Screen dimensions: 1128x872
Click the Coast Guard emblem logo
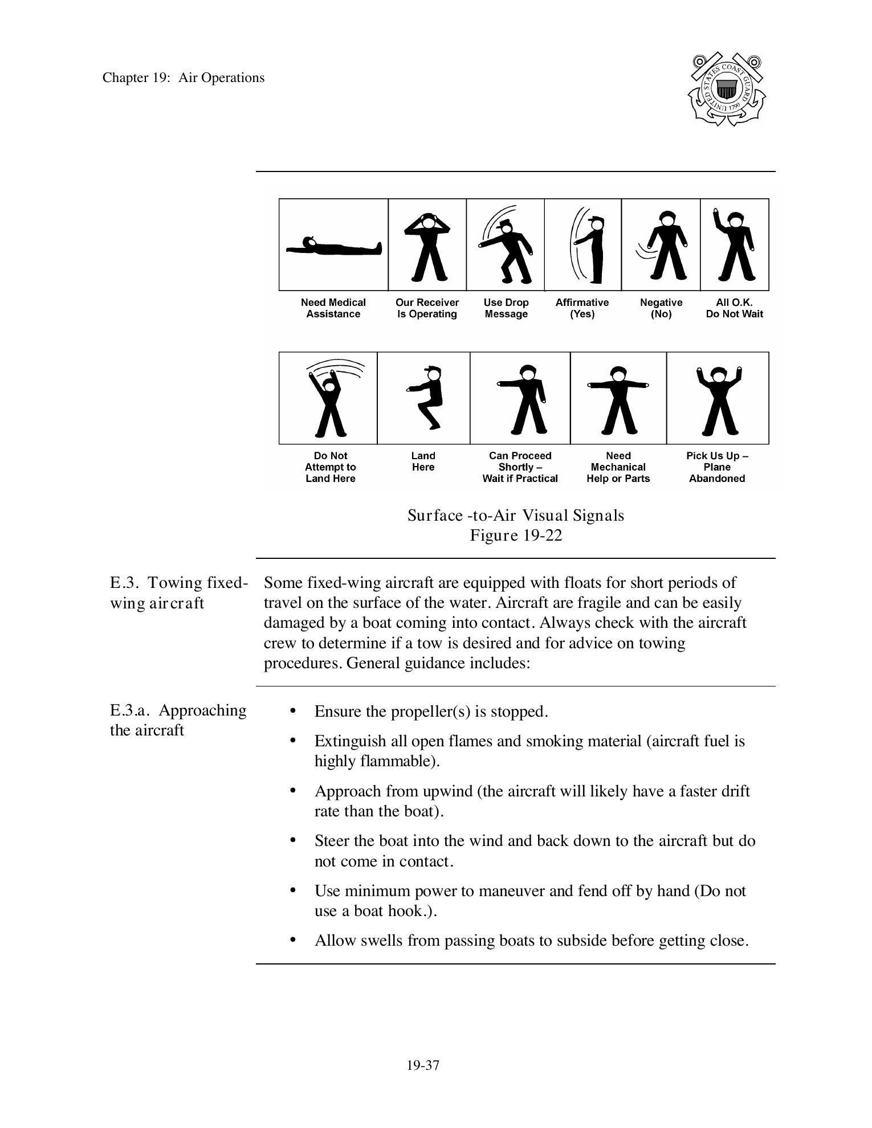pyautogui.click(x=726, y=89)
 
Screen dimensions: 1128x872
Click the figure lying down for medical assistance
pyautogui.click(x=333, y=247)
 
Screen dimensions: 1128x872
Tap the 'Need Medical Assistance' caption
pyautogui.click(x=333, y=308)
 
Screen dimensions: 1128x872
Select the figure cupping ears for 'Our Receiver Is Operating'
pyautogui.click(x=427, y=246)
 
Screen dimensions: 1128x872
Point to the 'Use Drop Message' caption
pyautogui.click(x=506, y=308)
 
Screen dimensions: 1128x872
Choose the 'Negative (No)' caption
pyautogui.click(x=661, y=308)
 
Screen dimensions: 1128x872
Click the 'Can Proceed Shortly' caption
pyautogui.click(x=520, y=467)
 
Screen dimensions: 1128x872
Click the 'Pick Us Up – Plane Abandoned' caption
pyautogui.click(x=716, y=467)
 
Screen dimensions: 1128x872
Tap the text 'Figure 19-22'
pyautogui.click(x=516, y=536)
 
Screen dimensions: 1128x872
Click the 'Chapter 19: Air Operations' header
pyautogui.click(x=184, y=78)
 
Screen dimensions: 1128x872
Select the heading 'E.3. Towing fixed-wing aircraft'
pyautogui.click(x=178, y=592)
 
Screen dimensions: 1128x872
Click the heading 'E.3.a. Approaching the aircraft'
pyautogui.click(x=178, y=720)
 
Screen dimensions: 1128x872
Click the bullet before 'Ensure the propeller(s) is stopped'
pyautogui.click(x=293, y=710)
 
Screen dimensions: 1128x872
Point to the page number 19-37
pyautogui.click(x=423, y=1065)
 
